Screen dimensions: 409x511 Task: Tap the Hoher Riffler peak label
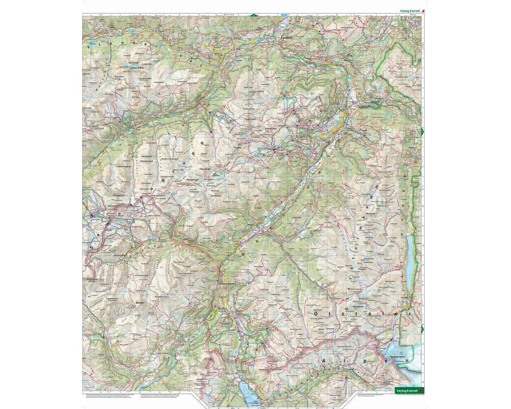pyautogui.click(x=125, y=66)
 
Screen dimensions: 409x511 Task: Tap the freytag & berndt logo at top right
pyautogui.click(x=411, y=10)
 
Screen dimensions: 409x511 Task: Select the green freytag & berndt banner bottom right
pyautogui.click(x=409, y=391)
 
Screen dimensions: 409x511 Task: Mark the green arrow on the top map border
pyautogui.click(x=252, y=15)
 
